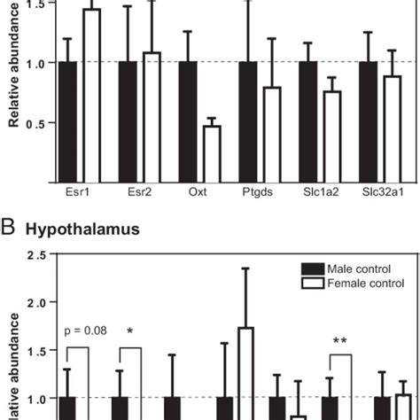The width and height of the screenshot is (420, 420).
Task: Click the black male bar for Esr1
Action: pyautogui.click(x=67, y=121)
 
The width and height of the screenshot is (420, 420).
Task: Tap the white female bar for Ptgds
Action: pyautogui.click(x=271, y=134)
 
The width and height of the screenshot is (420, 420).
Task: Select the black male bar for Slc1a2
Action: pyautogui.click(x=307, y=121)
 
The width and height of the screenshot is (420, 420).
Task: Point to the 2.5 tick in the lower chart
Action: pyautogui.click(x=36, y=256)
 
